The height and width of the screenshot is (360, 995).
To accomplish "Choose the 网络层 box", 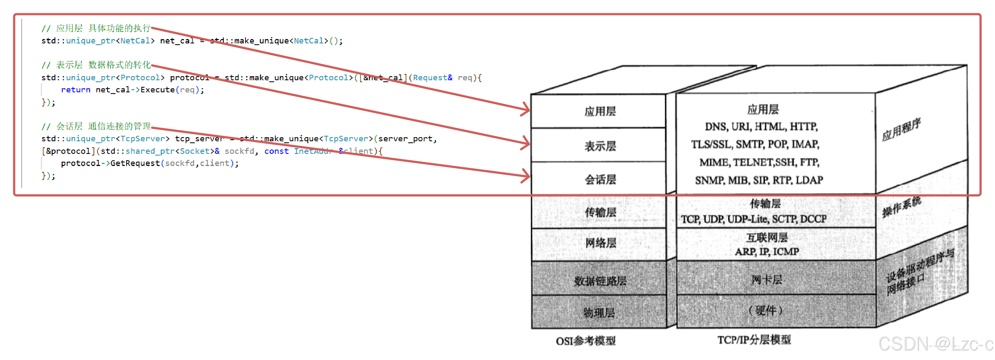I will (x=600, y=243).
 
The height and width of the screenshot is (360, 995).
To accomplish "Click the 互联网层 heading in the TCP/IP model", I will (x=766, y=237).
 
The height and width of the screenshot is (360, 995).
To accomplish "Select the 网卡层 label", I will (x=766, y=279).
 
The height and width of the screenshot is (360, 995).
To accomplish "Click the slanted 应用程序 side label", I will (x=901, y=130).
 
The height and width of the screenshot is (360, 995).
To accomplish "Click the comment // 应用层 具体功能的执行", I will (x=96, y=28).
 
